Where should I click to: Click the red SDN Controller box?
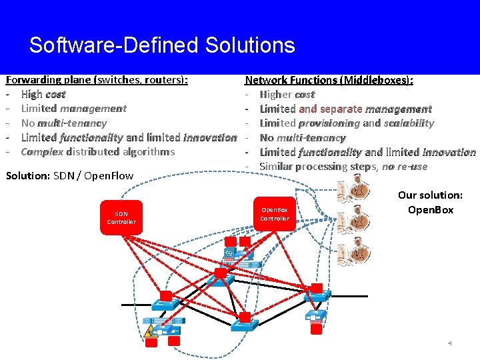click(121, 217)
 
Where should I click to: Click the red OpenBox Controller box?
click(274, 214)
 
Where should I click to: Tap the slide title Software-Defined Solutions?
click(162, 45)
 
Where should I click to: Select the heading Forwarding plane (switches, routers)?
click(97, 80)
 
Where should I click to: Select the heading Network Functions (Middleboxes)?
click(329, 80)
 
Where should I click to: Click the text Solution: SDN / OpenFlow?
click(69, 176)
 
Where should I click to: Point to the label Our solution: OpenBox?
click(430, 203)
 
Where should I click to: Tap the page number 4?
click(449, 343)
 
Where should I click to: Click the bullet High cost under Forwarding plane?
click(43, 95)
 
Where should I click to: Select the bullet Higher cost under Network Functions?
click(287, 95)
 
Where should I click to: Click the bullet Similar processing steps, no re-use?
click(343, 166)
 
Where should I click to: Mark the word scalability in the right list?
click(408, 123)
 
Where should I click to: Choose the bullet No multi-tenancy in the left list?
click(63, 123)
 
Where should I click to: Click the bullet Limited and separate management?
click(345, 109)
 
